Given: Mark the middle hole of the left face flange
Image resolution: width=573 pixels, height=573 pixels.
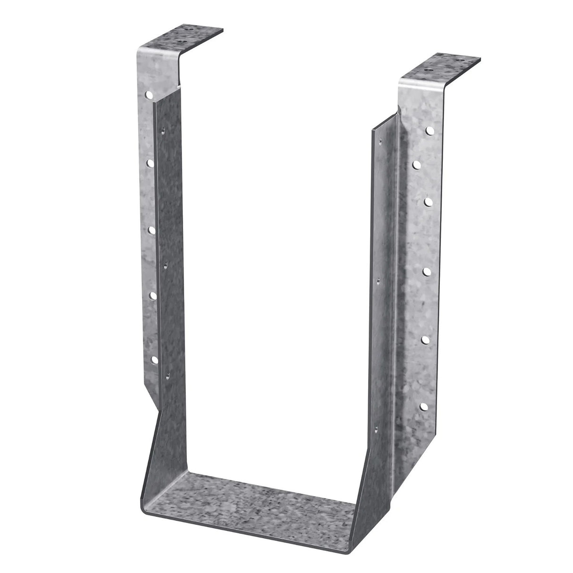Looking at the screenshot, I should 152,230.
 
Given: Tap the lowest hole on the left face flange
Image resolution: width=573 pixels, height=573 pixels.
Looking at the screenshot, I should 154,360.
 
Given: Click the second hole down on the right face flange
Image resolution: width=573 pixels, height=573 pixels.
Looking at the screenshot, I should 417,165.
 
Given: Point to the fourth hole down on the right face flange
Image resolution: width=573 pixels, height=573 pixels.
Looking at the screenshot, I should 426,271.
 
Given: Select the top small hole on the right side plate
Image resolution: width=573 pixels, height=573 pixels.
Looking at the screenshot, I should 378,138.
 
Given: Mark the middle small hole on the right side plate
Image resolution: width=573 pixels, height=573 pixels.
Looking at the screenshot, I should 377,280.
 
